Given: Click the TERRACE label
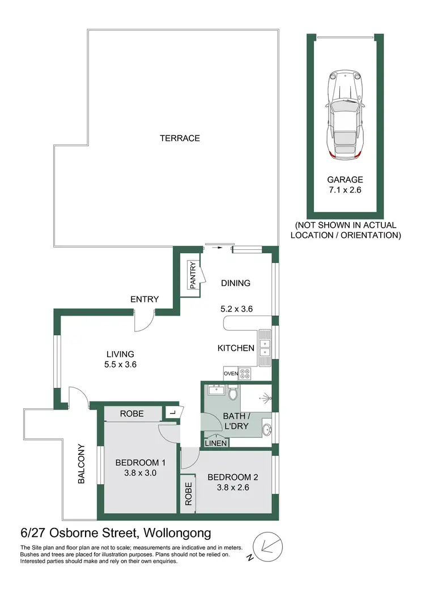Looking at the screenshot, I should (180, 138).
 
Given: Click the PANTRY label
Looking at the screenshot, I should (193, 275).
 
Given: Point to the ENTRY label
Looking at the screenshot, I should (144, 299).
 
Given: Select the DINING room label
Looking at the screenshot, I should (236, 283).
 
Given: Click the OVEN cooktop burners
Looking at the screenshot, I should (245, 373).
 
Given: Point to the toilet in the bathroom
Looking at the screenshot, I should (233, 393).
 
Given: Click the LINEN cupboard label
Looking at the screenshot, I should (217, 443).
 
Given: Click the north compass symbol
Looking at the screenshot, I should (265, 546).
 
